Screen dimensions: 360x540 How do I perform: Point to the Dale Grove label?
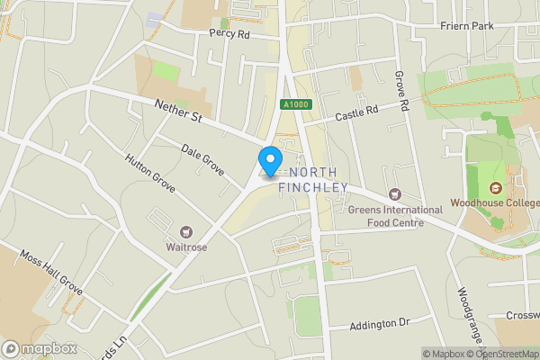coord(202,158)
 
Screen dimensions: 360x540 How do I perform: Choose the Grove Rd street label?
coord(402,93)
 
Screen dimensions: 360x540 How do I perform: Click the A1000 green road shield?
coord(294,104)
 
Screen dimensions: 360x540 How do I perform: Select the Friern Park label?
coord(469,26)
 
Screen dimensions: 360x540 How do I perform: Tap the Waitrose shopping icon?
coord(187,232)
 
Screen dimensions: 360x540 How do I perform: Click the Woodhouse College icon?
coord(494,188)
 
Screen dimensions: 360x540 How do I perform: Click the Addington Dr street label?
coord(379,321)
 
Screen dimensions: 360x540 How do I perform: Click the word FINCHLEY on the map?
coord(312,187)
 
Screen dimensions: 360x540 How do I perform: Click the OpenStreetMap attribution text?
coord(506,354)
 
